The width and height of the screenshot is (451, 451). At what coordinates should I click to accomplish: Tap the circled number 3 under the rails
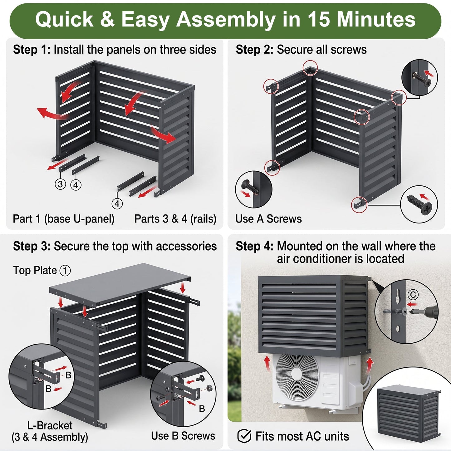click(60, 184)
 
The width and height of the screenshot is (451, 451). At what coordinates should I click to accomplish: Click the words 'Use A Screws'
click(268, 219)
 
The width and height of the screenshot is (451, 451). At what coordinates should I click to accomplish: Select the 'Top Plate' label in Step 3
click(35, 270)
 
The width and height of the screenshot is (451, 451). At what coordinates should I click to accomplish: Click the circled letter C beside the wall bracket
click(413, 294)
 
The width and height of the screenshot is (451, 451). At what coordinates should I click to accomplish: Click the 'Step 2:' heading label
click(254, 50)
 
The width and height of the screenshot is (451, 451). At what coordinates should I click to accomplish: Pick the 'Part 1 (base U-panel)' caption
click(63, 219)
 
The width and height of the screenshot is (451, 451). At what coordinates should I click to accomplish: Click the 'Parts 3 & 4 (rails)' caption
click(175, 219)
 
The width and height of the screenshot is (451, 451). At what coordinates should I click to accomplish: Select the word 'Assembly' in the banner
click(226, 20)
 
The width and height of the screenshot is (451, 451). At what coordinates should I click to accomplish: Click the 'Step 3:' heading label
click(32, 247)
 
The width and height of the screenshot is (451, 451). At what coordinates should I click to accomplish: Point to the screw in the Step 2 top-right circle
click(421, 79)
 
